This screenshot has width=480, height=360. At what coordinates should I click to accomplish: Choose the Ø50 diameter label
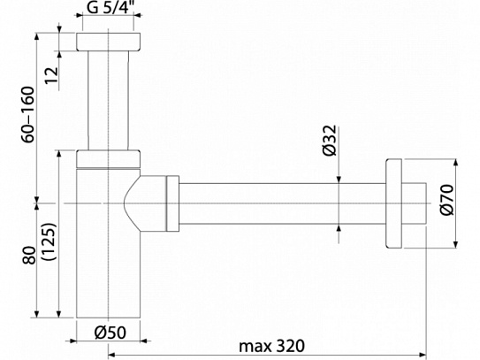click(x=110, y=334)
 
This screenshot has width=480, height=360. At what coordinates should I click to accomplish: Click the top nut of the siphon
click(x=109, y=43)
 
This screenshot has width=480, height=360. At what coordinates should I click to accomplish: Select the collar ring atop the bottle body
click(x=109, y=159)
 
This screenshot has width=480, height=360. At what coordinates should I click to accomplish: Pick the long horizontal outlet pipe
click(x=283, y=204)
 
